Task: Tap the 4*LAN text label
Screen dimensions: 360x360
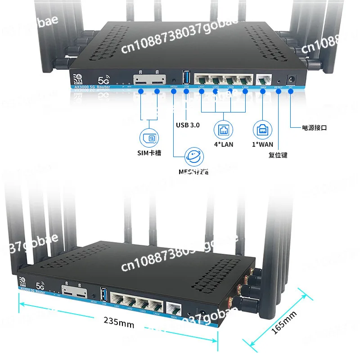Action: click(224, 144)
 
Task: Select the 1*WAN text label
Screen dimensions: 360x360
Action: click(262, 144)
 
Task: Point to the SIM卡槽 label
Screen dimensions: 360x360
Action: click(149, 153)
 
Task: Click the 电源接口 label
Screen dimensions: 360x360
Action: click(315, 128)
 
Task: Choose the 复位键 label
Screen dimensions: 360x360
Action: click(278, 155)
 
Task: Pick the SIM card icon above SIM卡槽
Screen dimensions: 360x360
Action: click(148, 138)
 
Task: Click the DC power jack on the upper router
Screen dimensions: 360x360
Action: click(291, 77)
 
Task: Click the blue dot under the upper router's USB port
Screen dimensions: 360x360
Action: click(186, 91)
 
